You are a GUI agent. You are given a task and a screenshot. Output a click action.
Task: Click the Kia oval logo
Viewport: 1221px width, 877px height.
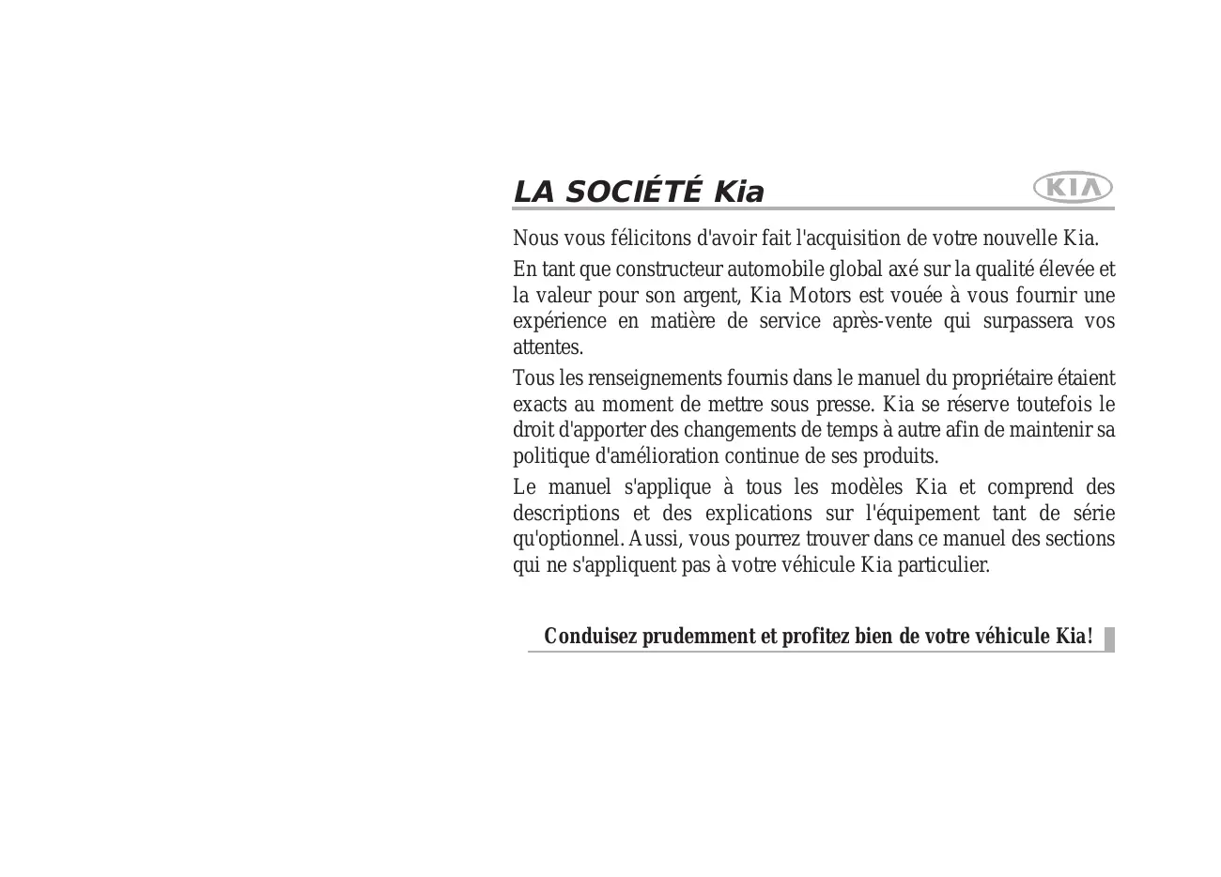1073,188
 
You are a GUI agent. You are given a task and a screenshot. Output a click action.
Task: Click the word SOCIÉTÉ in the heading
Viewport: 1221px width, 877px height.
634,192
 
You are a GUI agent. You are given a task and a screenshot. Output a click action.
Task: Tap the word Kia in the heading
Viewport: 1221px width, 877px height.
739,192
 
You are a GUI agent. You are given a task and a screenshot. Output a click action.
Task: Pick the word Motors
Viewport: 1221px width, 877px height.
819,296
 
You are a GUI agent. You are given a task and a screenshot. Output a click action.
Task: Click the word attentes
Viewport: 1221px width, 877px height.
548,347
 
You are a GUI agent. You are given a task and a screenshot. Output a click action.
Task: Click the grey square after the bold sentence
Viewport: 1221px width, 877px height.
1109,639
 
